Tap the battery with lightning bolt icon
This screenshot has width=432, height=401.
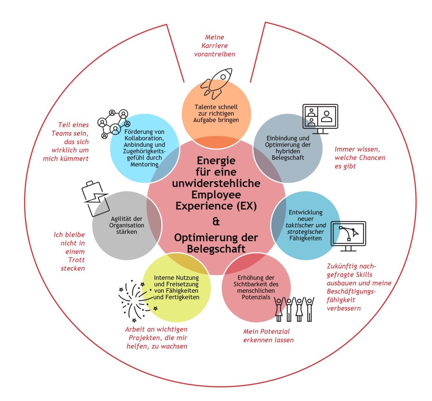pyautogui.click(x=94, y=198)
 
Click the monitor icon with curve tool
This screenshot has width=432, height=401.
pyautogui.click(x=348, y=236)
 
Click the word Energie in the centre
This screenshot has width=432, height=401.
pyautogui.click(x=216, y=161)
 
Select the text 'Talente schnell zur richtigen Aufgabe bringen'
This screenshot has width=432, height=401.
pyautogui.click(x=216, y=113)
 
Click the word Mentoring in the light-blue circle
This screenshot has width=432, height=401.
pyautogui.click(x=144, y=164)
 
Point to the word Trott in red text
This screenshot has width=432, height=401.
pyautogui.click(x=76, y=260)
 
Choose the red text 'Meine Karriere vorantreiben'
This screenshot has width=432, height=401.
pyautogui.click(x=215, y=46)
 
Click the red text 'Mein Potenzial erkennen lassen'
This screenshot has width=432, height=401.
pyautogui.click(x=268, y=336)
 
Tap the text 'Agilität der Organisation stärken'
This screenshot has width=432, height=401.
pyautogui.click(x=127, y=225)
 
